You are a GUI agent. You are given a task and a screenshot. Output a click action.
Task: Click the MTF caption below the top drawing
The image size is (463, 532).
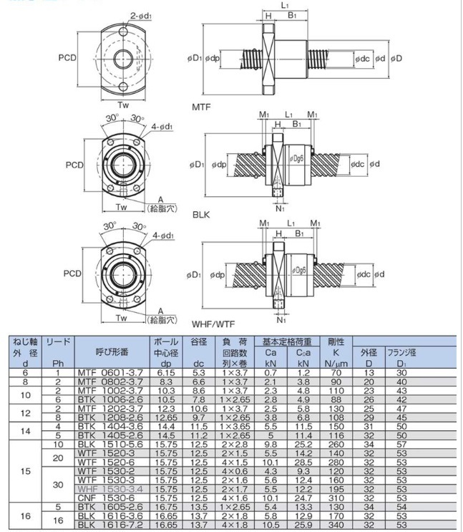point(202,106)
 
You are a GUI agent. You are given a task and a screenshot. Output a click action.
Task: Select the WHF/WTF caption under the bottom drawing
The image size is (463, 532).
point(212,324)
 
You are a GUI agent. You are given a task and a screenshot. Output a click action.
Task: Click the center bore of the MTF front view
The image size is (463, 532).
point(123,57)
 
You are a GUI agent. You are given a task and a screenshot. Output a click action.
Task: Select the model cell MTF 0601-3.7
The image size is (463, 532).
point(109,373)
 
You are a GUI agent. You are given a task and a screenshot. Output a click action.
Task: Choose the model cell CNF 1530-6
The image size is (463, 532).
point(109,496)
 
